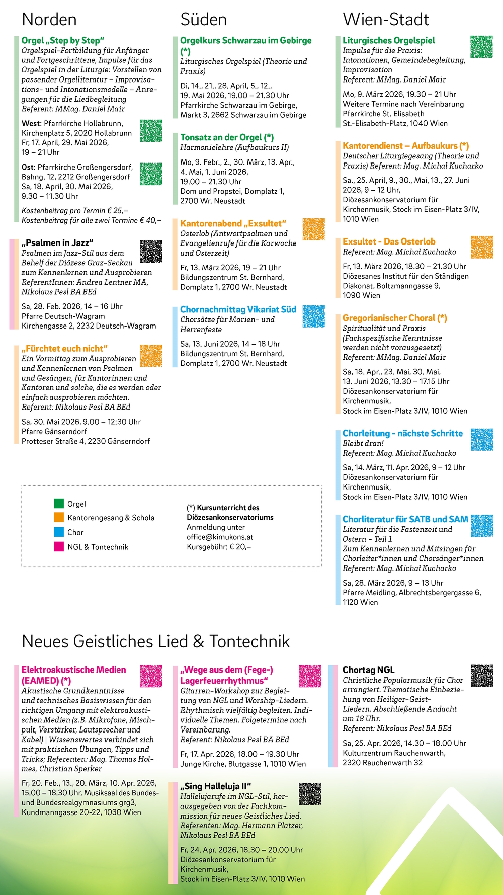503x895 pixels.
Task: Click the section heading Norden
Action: click(x=49, y=20)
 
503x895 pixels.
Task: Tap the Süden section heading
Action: click(x=204, y=20)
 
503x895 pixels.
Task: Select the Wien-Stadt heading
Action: click(x=386, y=20)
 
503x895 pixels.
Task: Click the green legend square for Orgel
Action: click(x=59, y=503)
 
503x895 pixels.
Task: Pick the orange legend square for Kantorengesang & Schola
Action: click(x=59, y=517)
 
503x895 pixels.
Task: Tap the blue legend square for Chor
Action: click(x=59, y=532)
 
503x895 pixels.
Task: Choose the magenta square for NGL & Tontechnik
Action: click(x=59, y=546)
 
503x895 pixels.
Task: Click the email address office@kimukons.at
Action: click(x=220, y=537)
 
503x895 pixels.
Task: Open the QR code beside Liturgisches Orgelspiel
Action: click(x=481, y=47)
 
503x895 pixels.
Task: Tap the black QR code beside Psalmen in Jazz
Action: click(x=151, y=251)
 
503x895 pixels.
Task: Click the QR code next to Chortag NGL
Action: click(x=482, y=676)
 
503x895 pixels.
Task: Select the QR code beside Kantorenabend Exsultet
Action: click(x=314, y=229)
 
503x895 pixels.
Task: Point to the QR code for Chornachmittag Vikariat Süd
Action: click(x=314, y=316)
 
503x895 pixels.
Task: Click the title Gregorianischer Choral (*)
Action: click(x=394, y=318)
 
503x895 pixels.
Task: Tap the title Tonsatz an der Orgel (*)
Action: click(x=227, y=137)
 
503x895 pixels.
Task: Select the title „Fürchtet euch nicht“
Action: click(x=64, y=348)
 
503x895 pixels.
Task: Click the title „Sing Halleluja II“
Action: click(x=216, y=786)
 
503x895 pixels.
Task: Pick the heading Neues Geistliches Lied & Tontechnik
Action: click(x=156, y=641)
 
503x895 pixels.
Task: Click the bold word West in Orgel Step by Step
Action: click(x=31, y=123)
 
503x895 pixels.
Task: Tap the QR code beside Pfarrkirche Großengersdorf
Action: click(x=151, y=174)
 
